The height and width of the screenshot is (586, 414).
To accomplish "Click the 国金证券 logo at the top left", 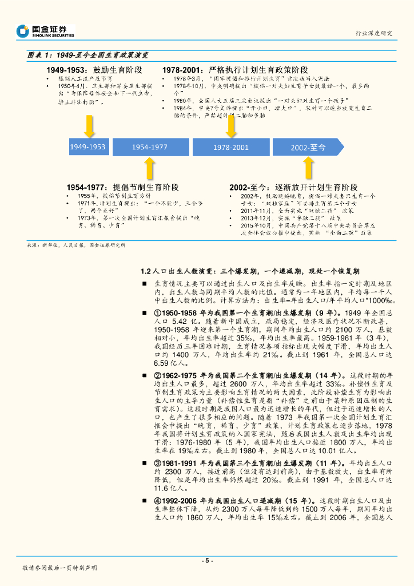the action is pyautogui.click(x=46, y=30).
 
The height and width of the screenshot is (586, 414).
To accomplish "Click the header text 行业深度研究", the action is pyautogui.click(x=374, y=33).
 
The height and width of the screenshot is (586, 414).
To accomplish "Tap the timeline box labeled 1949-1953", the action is pyautogui.click(x=87, y=147).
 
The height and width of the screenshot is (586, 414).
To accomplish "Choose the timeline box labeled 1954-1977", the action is pyautogui.click(x=149, y=147).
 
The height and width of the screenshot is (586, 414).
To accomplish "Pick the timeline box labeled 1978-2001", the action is pyautogui.click(x=231, y=147).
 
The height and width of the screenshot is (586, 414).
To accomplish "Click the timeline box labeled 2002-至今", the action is pyautogui.click(x=308, y=147).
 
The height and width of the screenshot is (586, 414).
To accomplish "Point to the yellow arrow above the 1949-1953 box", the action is pyautogui.click(x=89, y=126).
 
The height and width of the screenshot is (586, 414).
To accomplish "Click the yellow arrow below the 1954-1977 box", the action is pyautogui.click(x=149, y=169).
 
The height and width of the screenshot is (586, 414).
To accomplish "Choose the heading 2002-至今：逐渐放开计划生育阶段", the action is pyautogui.click(x=293, y=187).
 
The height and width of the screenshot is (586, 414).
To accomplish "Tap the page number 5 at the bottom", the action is pyautogui.click(x=207, y=560).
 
